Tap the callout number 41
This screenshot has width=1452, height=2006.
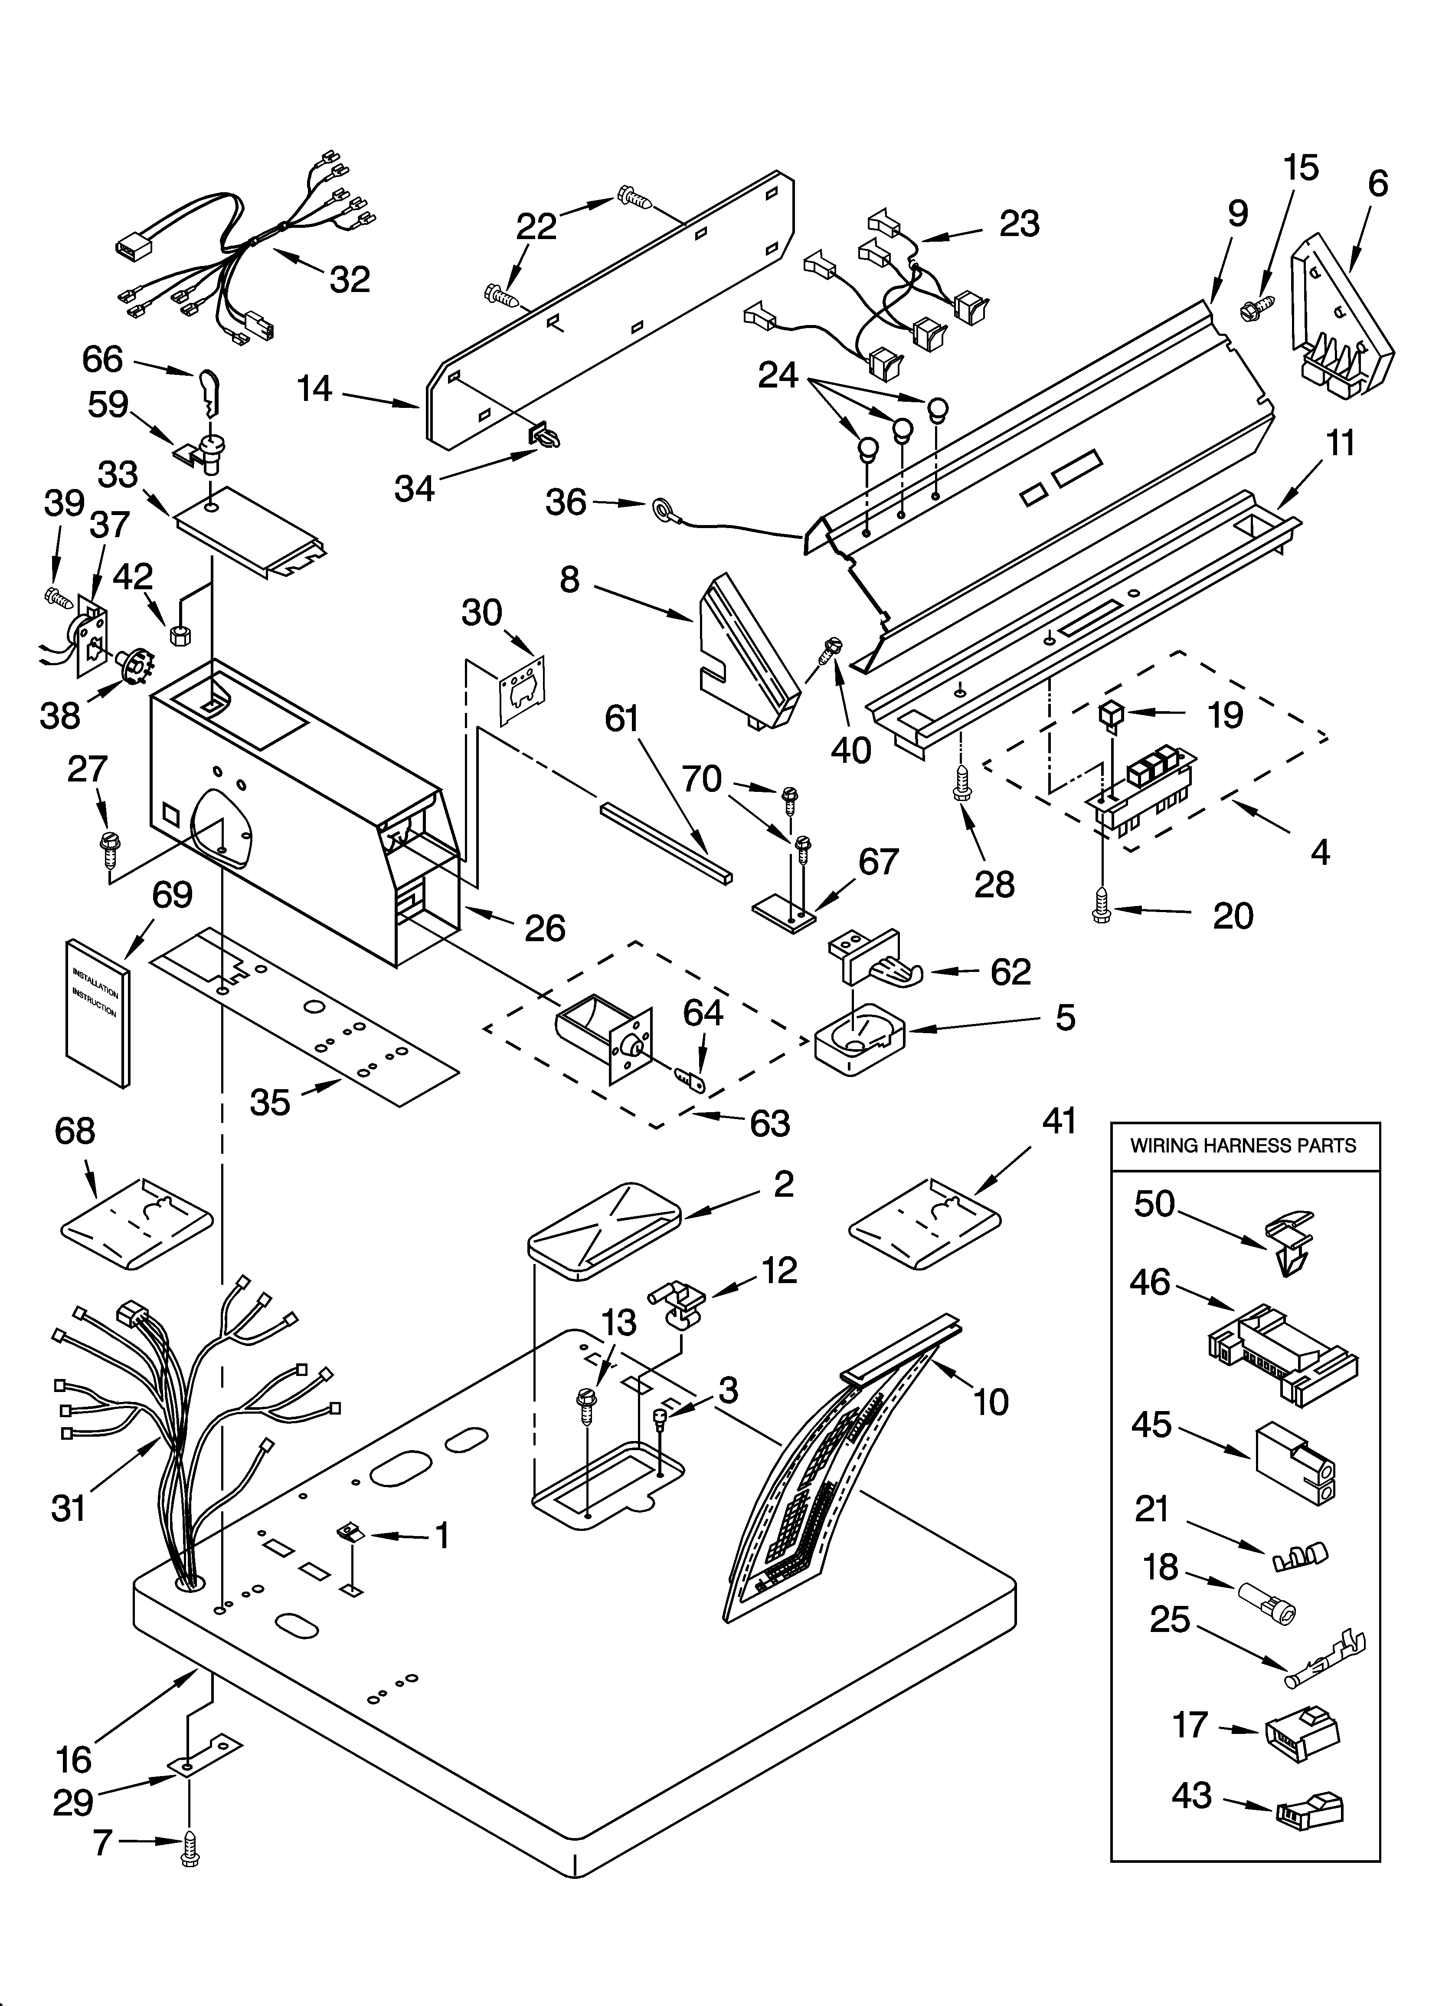1059,1121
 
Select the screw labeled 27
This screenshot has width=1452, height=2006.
108,845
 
